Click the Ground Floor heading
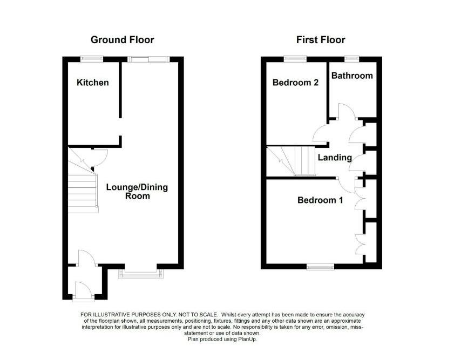point(122,40)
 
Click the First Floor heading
point(320,40)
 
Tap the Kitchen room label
point(92,83)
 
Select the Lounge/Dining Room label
point(137,192)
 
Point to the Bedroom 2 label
point(295,83)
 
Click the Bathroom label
point(352,76)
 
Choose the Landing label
point(335,158)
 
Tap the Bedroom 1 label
point(320,200)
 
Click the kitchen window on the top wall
point(92,58)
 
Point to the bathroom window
point(352,58)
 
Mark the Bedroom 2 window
point(295,58)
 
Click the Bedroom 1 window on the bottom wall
point(320,266)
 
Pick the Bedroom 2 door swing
point(322,134)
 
